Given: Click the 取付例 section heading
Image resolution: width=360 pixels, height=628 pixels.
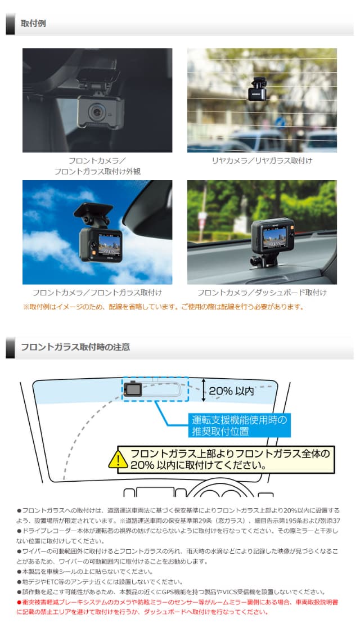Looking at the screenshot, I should [x=33, y=24].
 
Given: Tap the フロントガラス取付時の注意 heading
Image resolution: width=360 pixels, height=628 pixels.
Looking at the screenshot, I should [x=75, y=347].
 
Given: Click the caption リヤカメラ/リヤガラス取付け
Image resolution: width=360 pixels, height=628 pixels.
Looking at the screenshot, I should [x=262, y=161].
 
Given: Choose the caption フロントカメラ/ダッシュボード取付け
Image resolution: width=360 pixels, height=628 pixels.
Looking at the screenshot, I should [x=262, y=293].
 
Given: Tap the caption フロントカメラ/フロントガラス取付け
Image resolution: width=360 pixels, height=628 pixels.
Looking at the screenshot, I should [x=97, y=293].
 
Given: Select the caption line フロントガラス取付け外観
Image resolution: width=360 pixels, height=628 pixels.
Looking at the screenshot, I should [x=97, y=171].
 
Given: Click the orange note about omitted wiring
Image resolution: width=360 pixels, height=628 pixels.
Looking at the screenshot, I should [x=163, y=307].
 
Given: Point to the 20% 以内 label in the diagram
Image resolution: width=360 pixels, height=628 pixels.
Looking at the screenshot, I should [x=232, y=391].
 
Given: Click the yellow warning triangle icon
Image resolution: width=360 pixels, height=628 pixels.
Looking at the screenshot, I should [x=119, y=460].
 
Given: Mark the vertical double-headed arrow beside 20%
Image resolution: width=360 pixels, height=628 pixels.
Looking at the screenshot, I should [x=204, y=390].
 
